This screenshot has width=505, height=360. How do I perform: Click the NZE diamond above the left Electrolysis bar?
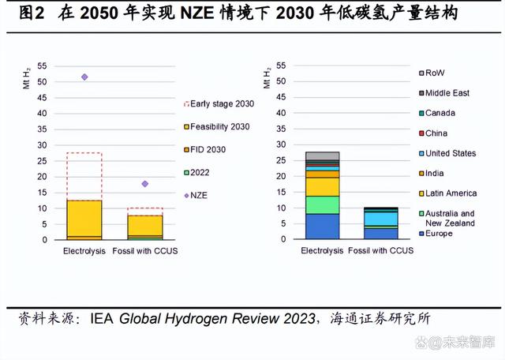click(84, 77)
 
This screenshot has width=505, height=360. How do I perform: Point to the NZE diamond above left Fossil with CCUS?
click(144, 184)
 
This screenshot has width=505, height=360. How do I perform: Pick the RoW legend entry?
click(435, 73)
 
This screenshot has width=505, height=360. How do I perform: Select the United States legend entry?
click(450, 153)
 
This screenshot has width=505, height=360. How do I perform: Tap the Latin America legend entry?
click(451, 193)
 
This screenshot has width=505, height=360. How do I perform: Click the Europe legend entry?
click(439, 234)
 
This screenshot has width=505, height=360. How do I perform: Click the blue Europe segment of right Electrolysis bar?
click(322, 226)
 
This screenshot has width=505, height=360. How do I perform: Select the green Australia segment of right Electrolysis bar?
click(322, 204)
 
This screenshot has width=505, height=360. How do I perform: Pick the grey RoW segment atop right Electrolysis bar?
click(322, 156)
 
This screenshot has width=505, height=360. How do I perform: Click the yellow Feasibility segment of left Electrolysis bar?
click(84, 218)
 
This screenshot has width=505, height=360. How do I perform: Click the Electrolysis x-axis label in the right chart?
click(323, 251)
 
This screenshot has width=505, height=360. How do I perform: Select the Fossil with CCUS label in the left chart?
click(146, 251)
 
